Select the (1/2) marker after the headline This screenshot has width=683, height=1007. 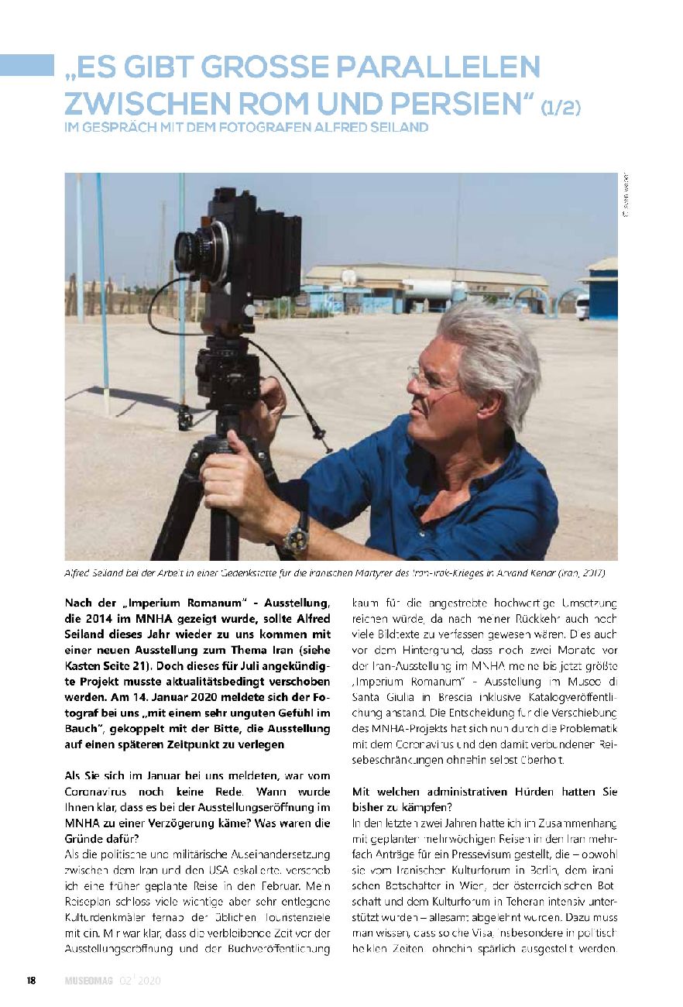(x=560, y=106)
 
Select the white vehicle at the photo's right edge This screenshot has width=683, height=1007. (x=582, y=306)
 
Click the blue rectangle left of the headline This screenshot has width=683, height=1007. (x=27, y=65)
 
